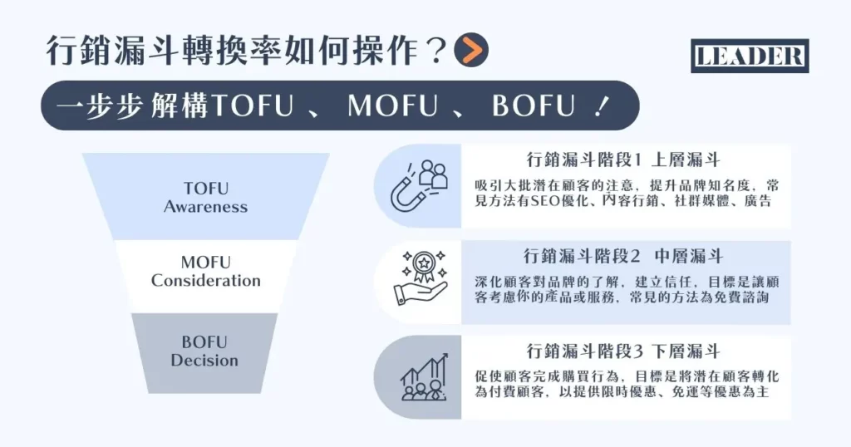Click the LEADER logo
(x=750, y=56)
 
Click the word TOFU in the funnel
(x=205, y=189)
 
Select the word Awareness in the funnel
(x=205, y=207)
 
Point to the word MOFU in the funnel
(x=205, y=262)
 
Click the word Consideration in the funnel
(x=205, y=281)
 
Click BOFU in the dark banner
(x=533, y=106)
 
